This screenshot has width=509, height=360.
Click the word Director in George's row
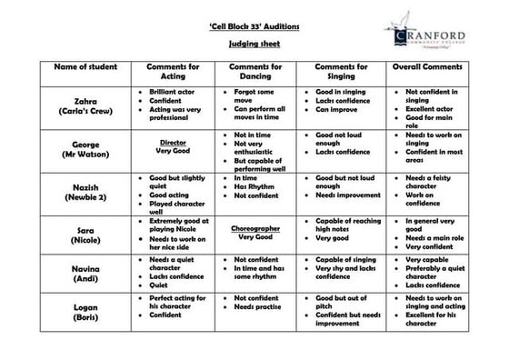(172, 143)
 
